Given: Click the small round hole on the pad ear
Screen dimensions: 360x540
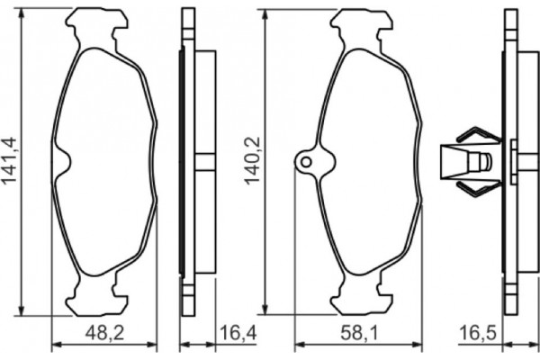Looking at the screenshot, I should click(x=305, y=162).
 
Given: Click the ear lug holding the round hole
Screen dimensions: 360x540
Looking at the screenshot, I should click(x=310, y=163).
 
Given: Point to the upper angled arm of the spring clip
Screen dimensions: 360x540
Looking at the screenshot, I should click(x=477, y=136).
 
